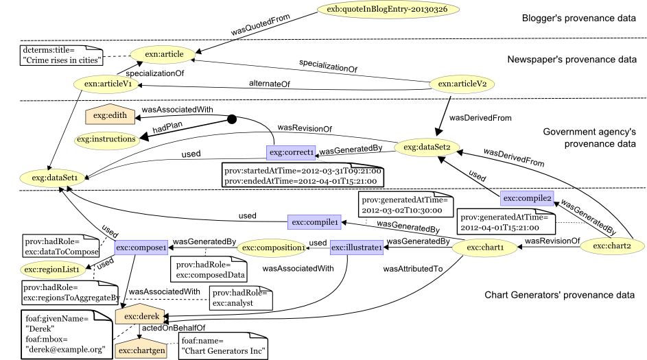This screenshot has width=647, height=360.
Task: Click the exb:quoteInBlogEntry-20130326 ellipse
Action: [x=388, y=10]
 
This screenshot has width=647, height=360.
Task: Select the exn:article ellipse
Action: [x=163, y=54]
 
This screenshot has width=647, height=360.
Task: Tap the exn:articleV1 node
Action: [x=107, y=84]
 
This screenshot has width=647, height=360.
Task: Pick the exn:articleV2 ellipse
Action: [x=462, y=84]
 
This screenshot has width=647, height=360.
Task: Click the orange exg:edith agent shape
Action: [x=110, y=115]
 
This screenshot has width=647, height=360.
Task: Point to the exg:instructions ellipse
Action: [x=106, y=140]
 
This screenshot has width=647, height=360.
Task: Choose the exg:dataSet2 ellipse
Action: [x=426, y=147]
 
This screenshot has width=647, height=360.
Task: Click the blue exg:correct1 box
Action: [x=291, y=152]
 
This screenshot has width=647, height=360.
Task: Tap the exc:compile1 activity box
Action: [x=314, y=222]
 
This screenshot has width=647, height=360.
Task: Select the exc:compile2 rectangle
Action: [x=527, y=198]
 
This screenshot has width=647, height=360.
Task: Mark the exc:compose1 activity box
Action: [x=141, y=248]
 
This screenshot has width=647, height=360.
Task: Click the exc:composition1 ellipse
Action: [x=271, y=248]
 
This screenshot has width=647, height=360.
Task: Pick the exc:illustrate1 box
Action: [x=356, y=248]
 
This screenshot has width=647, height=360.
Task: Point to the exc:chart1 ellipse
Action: [x=484, y=248]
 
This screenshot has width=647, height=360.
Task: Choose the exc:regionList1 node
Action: [x=53, y=269]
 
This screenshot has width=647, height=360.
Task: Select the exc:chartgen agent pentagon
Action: [x=141, y=350]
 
